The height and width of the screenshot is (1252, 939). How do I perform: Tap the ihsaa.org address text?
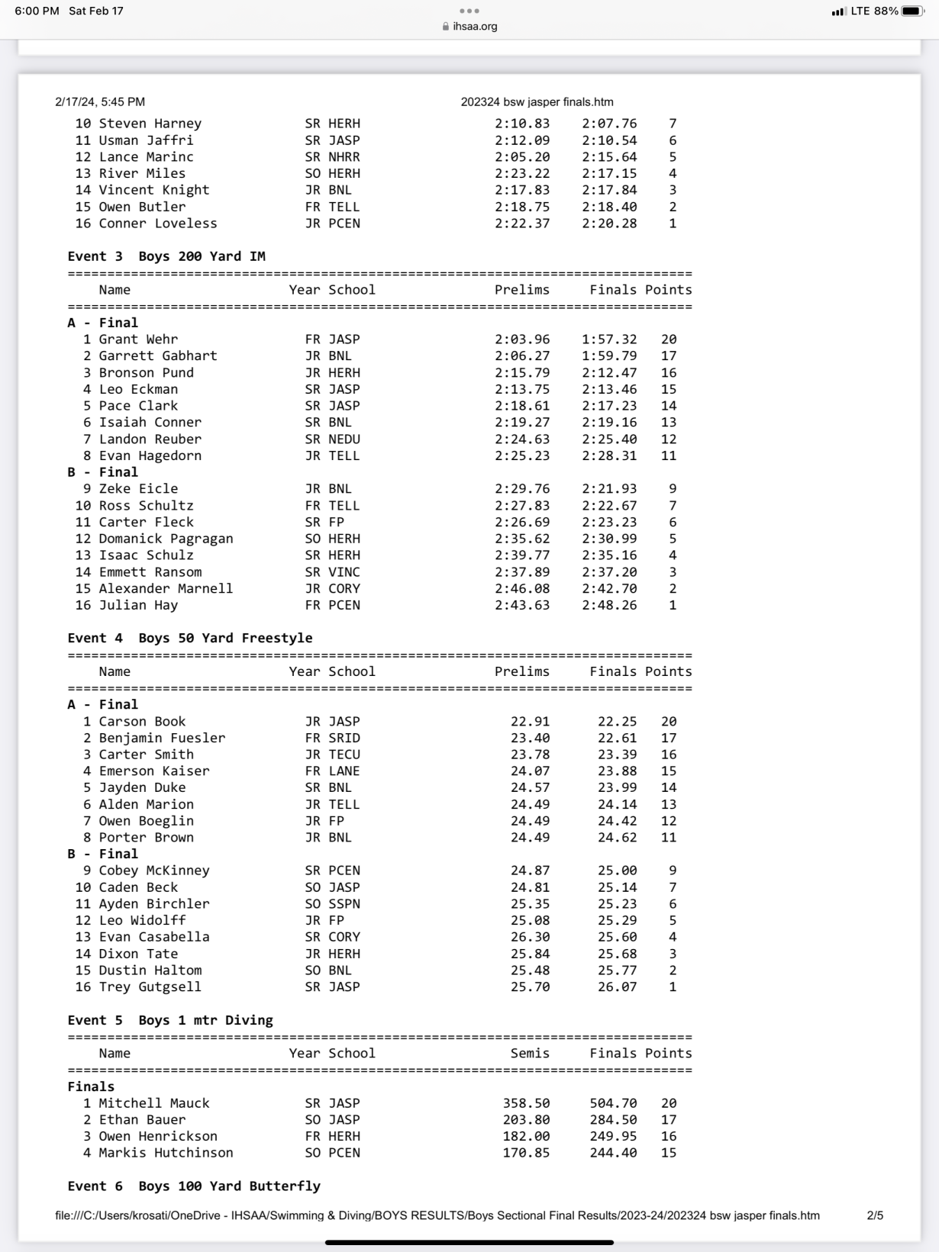[x=475, y=27]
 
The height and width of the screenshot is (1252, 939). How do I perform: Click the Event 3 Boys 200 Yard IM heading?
[x=166, y=256]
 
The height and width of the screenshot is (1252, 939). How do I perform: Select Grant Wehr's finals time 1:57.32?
[x=608, y=340]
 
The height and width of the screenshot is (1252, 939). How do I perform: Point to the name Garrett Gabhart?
[x=158, y=356]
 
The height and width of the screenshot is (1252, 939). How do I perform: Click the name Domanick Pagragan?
[x=166, y=539]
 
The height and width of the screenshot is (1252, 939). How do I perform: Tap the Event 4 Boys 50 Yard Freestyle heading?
[x=190, y=638]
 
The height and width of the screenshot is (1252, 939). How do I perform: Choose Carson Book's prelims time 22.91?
[x=530, y=722]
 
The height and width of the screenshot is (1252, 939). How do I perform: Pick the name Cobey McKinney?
[x=154, y=871]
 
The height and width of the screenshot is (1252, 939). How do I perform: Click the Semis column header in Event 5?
[x=530, y=1054]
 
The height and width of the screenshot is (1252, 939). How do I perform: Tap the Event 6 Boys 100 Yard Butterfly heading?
[x=194, y=1186]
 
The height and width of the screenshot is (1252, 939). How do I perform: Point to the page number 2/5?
[x=875, y=1215]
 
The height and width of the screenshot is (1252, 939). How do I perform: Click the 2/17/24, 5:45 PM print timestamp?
[x=100, y=102]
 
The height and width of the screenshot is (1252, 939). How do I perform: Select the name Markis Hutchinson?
[x=166, y=1153]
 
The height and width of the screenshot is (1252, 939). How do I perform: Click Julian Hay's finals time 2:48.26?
[x=608, y=605]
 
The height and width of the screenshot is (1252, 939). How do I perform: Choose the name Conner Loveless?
[x=158, y=224]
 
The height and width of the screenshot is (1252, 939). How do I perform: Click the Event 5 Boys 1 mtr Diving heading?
[x=170, y=1020]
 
